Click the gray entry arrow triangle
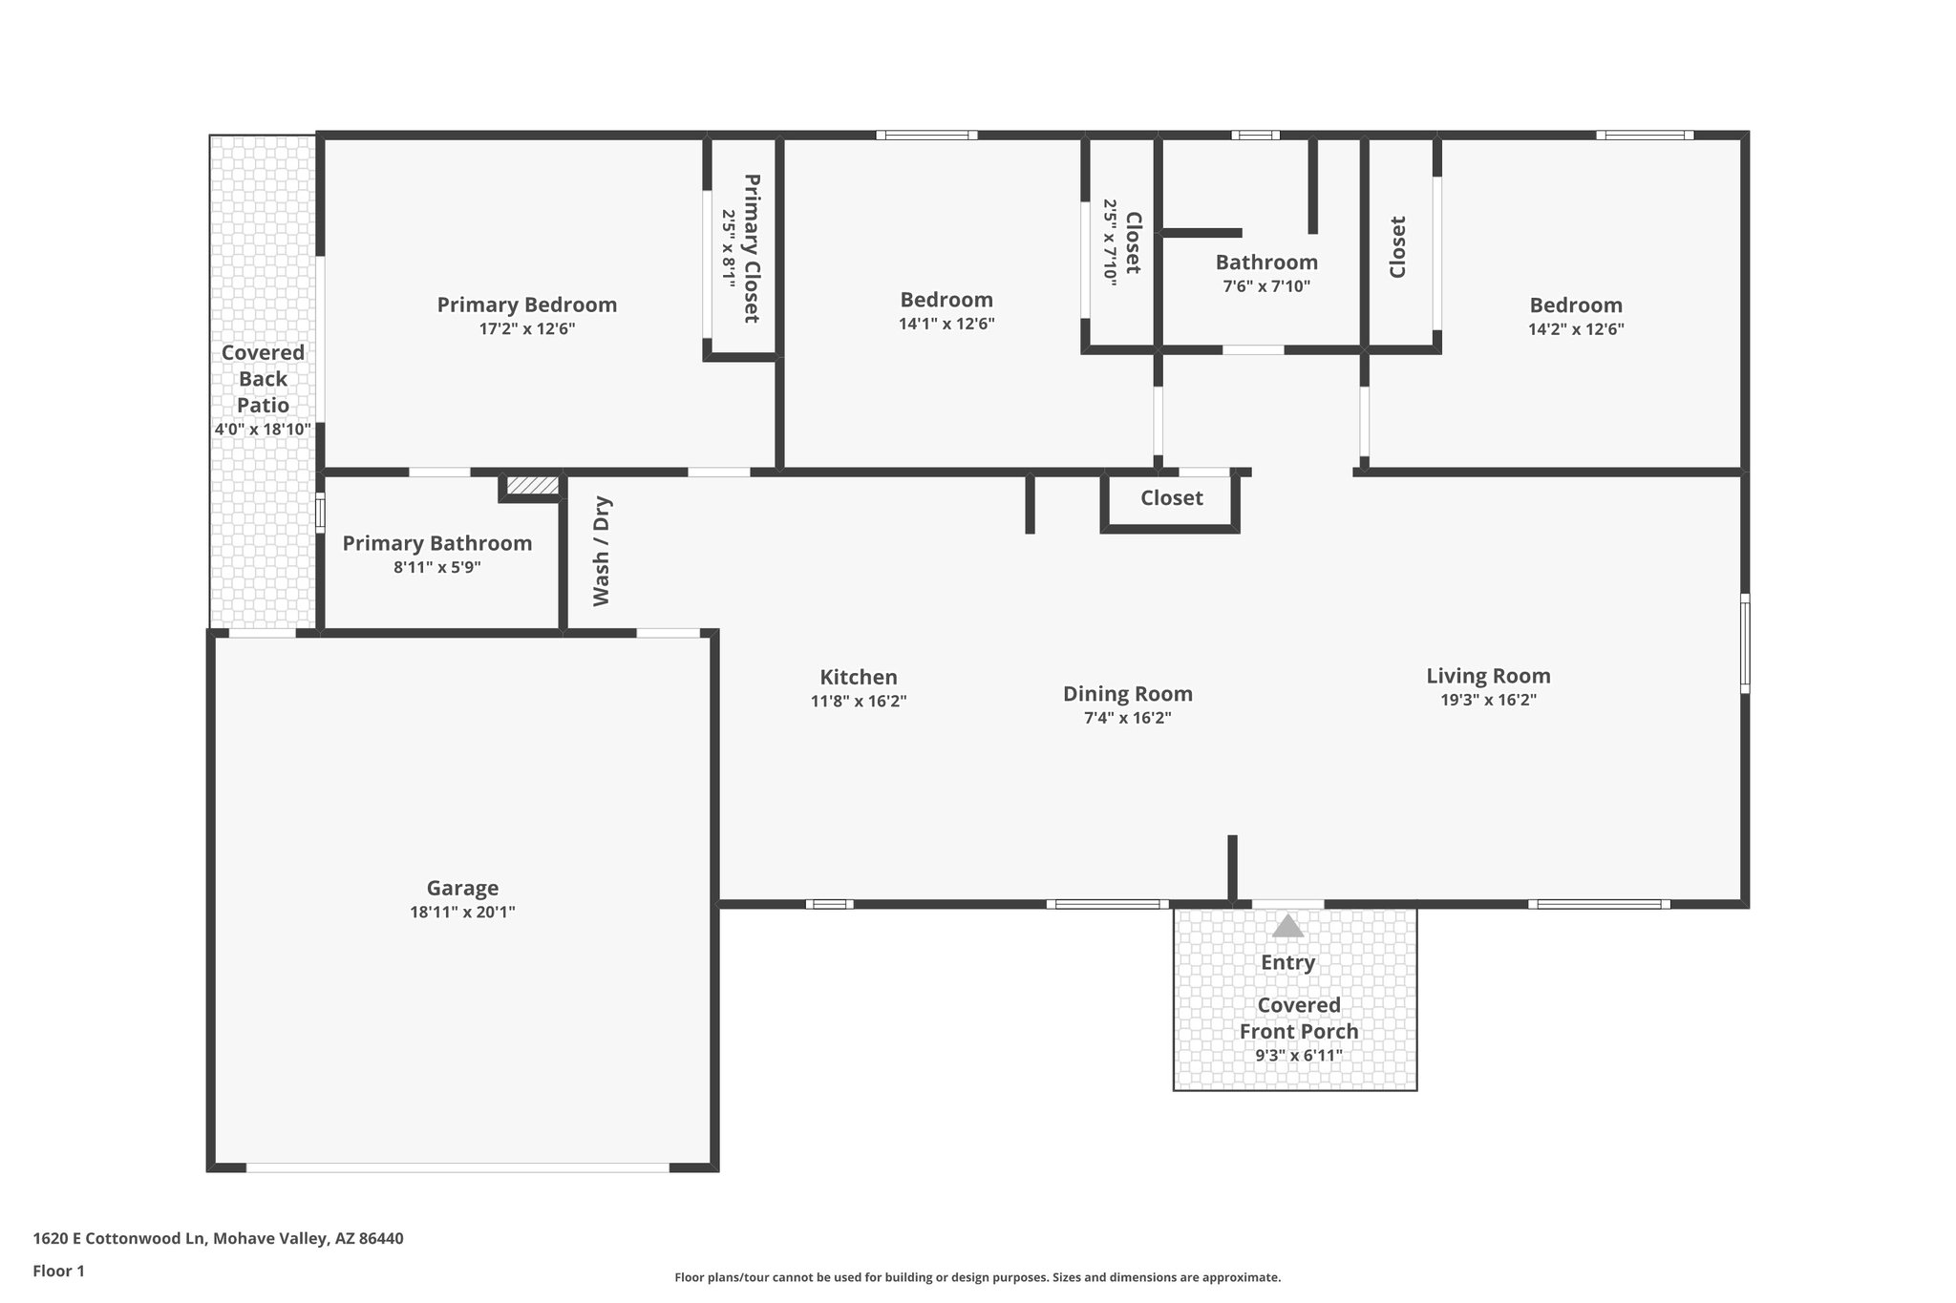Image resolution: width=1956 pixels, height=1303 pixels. coord(1287,926)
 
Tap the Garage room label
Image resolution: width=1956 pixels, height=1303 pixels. coord(462,888)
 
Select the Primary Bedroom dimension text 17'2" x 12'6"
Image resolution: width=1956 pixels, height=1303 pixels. coord(527,329)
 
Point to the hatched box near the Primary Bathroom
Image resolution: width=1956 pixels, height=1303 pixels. coord(532,486)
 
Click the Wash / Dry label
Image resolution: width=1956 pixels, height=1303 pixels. coord(601,551)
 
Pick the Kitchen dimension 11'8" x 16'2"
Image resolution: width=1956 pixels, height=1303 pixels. coord(858,701)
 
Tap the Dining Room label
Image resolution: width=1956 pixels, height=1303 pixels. coord(1127,694)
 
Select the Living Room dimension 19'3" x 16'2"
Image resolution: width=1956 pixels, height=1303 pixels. coord(1488,700)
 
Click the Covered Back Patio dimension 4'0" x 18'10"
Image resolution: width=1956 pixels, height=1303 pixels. coord(263,430)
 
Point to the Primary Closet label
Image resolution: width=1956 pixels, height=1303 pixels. coord(752,248)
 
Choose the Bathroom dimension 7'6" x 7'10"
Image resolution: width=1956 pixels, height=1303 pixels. coord(1266,286)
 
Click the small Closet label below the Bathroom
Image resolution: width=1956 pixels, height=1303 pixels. coord(1171,498)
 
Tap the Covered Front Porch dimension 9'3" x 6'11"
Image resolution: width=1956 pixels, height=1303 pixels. coord(1298,1056)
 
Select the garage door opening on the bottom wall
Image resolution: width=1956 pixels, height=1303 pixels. coord(458,1166)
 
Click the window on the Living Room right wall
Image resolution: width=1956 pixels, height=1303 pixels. coord(1744,642)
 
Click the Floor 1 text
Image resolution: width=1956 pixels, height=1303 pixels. coord(59,1271)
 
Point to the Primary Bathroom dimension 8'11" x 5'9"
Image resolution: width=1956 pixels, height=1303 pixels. coord(436,567)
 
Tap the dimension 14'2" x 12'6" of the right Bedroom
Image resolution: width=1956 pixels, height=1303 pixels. coord(1576,329)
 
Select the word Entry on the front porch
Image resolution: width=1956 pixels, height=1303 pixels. coord(1287,962)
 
